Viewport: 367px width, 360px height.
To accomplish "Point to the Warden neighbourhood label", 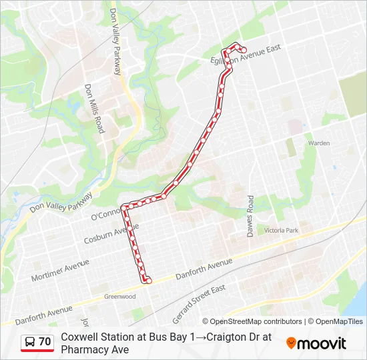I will pos(318,143).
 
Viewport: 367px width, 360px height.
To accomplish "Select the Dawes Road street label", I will pos(250,216).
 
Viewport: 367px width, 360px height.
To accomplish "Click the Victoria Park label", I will pos(282,230).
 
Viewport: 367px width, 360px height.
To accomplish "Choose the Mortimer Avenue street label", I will pos(61,269).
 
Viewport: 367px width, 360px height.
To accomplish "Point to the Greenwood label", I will pos(120,297).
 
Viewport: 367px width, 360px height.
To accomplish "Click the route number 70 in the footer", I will pos(45,341).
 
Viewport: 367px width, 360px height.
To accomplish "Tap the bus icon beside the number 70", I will pos(30,342).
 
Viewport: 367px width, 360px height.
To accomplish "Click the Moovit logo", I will pos(316,343).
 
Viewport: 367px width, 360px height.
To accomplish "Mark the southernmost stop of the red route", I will pos(148,281).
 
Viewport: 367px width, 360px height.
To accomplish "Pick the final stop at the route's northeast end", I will pos(244,50).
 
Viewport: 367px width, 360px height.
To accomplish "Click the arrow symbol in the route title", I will pos(200,337).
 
